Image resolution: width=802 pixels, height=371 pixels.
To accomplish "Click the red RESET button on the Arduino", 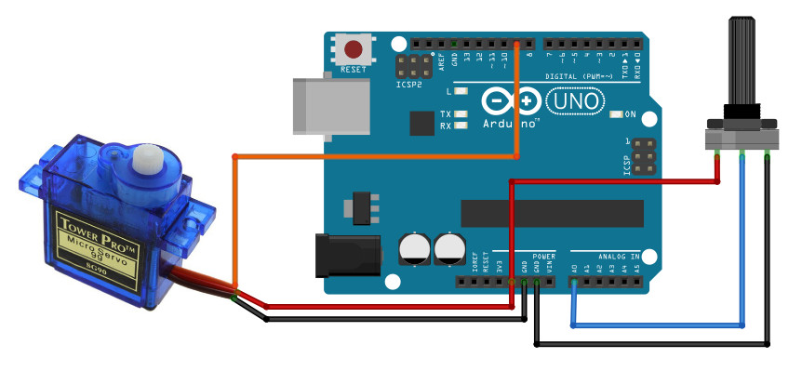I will pyautogui.click(x=354, y=49).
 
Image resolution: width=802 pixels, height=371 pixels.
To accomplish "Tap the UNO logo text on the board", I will pyautogui.click(x=577, y=99).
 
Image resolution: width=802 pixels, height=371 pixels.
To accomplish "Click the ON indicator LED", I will pyautogui.click(x=616, y=115).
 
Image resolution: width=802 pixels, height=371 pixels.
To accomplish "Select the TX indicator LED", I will pyautogui.click(x=460, y=113).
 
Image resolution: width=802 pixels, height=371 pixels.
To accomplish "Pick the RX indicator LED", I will pyautogui.click(x=460, y=126).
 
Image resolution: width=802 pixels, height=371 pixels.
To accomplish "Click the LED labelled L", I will pyautogui.click(x=460, y=92).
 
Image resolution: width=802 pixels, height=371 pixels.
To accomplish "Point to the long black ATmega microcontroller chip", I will pyautogui.click(x=552, y=213).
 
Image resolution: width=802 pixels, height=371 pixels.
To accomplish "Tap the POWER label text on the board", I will pyautogui.click(x=543, y=255).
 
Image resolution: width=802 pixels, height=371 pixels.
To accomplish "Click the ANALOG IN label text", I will pyautogui.click(x=619, y=255).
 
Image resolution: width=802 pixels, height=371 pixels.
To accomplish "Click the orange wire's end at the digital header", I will pyautogui.click(x=516, y=45).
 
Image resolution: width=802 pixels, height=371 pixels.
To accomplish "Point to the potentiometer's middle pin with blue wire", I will pyautogui.click(x=742, y=154).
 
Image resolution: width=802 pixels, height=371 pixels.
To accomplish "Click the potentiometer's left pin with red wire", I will pyautogui.click(x=718, y=154).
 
